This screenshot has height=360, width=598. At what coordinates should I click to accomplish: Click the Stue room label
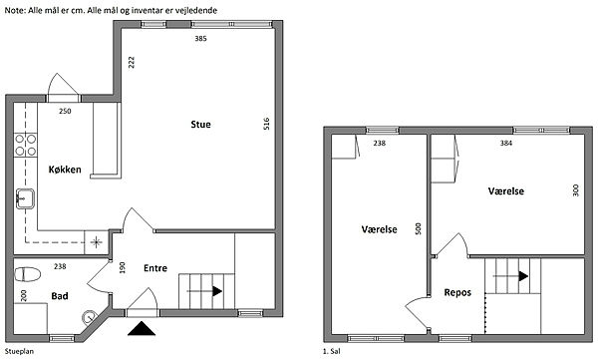coord(200,124)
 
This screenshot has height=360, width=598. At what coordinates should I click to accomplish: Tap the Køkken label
coord(65,170)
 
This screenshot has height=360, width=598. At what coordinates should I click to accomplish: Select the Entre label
coord(155,268)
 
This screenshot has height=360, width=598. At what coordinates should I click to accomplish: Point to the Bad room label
coord(60,296)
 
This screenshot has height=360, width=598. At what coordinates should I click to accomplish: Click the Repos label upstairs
coord(457,293)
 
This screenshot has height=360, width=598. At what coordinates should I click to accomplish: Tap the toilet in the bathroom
coord(28,274)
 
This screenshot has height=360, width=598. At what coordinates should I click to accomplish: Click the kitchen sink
coord(25,198)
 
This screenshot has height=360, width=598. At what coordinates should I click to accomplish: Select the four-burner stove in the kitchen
coord(26,145)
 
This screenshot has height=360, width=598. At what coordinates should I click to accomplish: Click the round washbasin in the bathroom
coord(90,317)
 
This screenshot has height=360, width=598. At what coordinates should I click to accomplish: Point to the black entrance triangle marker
coord(142,329)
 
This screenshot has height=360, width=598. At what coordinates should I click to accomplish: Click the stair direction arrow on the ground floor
coord(204,291)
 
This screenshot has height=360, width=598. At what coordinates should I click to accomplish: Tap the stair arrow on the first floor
coord(510,276)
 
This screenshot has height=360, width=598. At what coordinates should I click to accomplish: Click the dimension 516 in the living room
coord(266,124)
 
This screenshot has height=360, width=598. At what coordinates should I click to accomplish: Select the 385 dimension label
coord(200,38)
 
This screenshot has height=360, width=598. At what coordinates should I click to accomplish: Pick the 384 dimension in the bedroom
coord(506,144)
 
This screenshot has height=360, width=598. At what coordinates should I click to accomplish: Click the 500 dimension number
coord(418,228)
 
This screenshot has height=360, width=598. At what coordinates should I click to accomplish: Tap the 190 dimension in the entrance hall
coord(122,267)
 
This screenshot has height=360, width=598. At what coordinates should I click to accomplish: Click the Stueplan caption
coord(19,351)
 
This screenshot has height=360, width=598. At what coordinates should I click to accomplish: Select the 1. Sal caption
coord(332,351)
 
